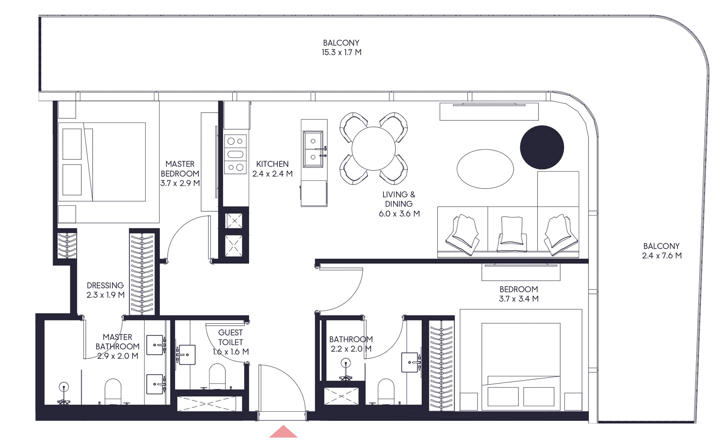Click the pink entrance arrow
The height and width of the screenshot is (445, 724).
click(x=283, y=432)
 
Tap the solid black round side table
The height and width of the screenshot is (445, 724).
click(x=542, y=147)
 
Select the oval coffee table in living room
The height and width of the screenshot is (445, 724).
click(x=485, y=169)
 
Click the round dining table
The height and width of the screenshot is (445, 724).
click(x=373, y=149)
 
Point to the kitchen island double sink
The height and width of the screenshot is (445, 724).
click(x=313, y=149)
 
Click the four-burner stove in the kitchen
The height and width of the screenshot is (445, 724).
click(x=235, y=154)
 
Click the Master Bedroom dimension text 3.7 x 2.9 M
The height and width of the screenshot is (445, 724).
click(x=180, y=183)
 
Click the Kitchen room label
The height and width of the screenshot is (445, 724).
click(x=272, y=164)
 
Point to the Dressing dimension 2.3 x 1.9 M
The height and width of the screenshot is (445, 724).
click(x=105, y=295)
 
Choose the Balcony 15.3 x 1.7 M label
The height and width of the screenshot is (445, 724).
click(x=341, y=48)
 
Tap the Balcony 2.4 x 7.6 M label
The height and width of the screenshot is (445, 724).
click(x=661, y=251)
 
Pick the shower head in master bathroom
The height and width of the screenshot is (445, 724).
click(x=64, y=387)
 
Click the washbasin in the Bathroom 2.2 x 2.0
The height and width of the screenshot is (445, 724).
click(x=410, y=362)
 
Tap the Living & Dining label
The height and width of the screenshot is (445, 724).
click(x=399, y=204)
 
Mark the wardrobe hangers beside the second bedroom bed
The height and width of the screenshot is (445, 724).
click(x=441, y=366)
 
